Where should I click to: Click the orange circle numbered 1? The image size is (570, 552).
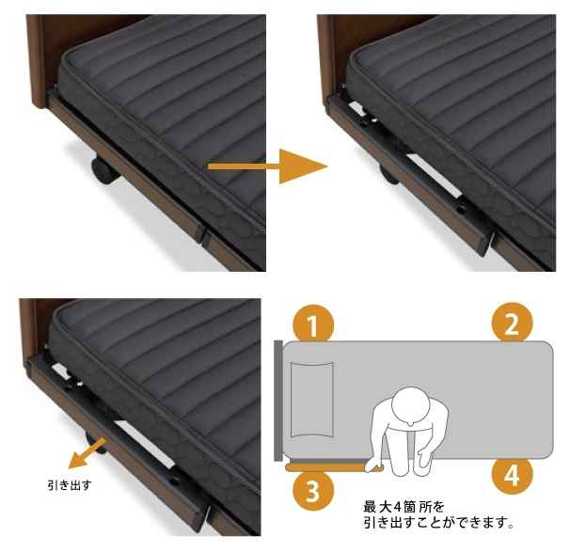tap(313, 324)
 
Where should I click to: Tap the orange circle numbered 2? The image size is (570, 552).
tap(513, 323)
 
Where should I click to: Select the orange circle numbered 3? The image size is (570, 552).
tap(313, 491)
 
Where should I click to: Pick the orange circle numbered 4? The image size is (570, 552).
tap(513, 475)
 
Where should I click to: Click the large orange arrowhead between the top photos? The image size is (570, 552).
tap(303, 166)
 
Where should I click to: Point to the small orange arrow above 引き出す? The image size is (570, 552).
tap(87, 453)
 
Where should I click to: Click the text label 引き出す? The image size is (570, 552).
tap(70, 484)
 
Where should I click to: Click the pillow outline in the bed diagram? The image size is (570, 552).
tap(312, 400)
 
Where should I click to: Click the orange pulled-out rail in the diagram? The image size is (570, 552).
tap(327, 467)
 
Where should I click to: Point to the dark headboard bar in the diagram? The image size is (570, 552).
tap(278, 401)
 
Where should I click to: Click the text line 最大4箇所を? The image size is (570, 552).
tap(404, 506)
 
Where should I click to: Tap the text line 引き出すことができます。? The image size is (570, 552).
tap(439, 523)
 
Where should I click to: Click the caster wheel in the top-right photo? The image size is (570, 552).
tap(388, 175)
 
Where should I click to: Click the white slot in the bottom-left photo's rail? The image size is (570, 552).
tap(145, 444)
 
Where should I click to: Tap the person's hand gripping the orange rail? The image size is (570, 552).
tap(374, 466)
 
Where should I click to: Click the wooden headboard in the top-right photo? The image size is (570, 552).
tap(327, 58)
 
